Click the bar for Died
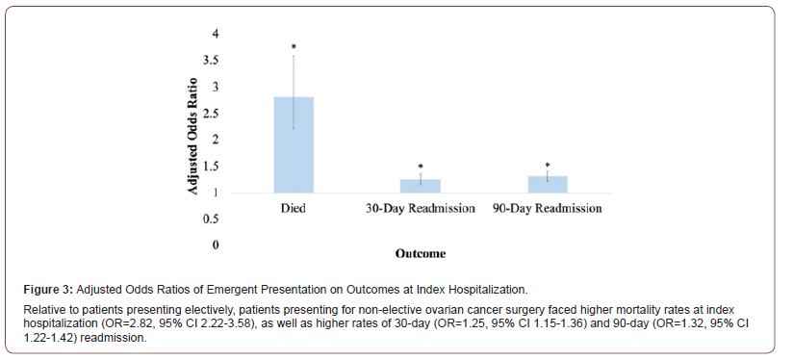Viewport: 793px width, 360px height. tap(294, 144)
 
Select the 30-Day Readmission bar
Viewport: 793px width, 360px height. tap(420, 186)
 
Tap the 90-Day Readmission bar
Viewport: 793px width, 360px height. tap(547, 184)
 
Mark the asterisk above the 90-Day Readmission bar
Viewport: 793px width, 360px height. tap(547, 166)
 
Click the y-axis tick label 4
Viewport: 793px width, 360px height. tap(216, 35)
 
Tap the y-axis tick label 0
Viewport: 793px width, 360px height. tap(216, 245)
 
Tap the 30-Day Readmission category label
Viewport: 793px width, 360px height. tap(421, 209)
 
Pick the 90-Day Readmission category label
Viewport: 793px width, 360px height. tap(547, 209)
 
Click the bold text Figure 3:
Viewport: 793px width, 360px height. tap(49, 289)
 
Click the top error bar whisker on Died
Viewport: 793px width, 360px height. tap(294, 56)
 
